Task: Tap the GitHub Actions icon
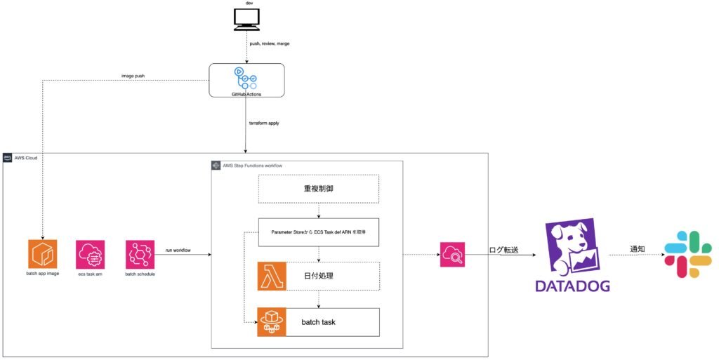[x=246, y=77]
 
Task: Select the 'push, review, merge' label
[x=270, y=44]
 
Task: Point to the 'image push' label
[x=133, y=76]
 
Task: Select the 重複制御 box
[x=319, y=189]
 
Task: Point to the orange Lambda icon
[x=271, y=276]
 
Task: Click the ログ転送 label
[x=508, y=249]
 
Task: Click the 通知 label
[x=638, y=249]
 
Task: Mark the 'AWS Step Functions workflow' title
[x=252, y=166]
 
